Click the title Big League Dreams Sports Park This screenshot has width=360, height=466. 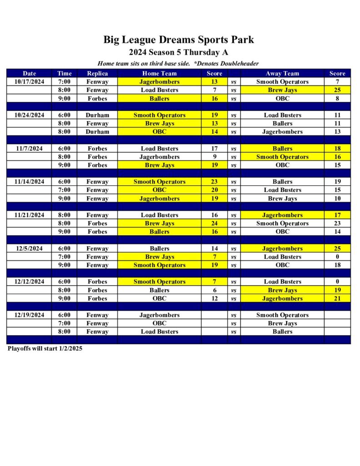click(178, 40)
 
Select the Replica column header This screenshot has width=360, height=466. click(97, 73)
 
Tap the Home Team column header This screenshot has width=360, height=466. click(159, 73)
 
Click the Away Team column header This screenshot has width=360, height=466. click(282, 73)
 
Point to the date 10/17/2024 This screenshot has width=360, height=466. click(29, 82)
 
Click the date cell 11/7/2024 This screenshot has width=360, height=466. click(29, 148)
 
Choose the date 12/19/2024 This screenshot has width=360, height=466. click(29, 315)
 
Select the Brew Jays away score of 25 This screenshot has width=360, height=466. click(337, 90)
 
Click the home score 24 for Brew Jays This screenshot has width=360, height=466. click(214, 223)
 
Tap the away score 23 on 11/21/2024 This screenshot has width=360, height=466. click(337, 223)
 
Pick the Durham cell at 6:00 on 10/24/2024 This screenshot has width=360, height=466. click(97, 115)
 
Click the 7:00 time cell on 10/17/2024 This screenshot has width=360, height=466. click(64, 82)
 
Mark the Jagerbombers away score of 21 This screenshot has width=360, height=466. click(337, 299)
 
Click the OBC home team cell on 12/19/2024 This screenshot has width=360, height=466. click(159, 323)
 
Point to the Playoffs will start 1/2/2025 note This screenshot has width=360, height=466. click(45, 349)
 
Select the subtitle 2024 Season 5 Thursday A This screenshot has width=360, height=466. click(178, 52)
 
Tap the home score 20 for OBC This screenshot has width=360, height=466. click(214, 190)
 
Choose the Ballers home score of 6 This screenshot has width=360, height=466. click(214, 290)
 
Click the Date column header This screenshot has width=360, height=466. click(29, 73)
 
